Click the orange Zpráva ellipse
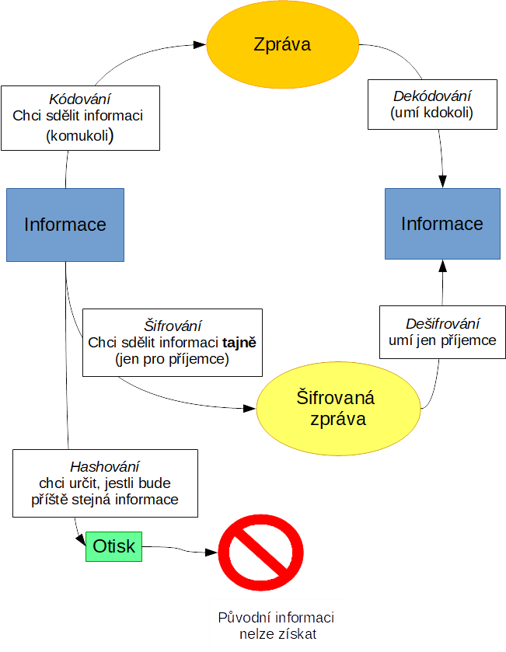pyautogui.click(x=282, y=44)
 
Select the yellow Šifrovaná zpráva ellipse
pyautogui.click(x=336, y=408)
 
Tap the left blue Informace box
pyautogui.click(x=65, y=225)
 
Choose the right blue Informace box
pyautogui.click(x=442, y=224)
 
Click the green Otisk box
pyautogui.click(x=113, y=546)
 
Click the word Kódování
pyautogui.click(x=79, y=99)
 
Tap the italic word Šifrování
pyautogui.click(x=173, y=325)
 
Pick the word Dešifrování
pyautogui.click(x=443, y=323)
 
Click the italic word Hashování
pyautogui.click(x=105, y=467)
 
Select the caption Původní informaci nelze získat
pyautogui.click(x=277, y=626)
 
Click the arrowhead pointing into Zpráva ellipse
pyautogui.click(x=201, y=46)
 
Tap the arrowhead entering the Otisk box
pyautogui.click(x=80, y=542)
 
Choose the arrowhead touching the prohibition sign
pyautogui.click(x=211, y=553)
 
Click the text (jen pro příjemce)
pyautogui.click(x=172, y=359)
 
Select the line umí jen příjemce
pyautogui.click(x=443, y=340)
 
